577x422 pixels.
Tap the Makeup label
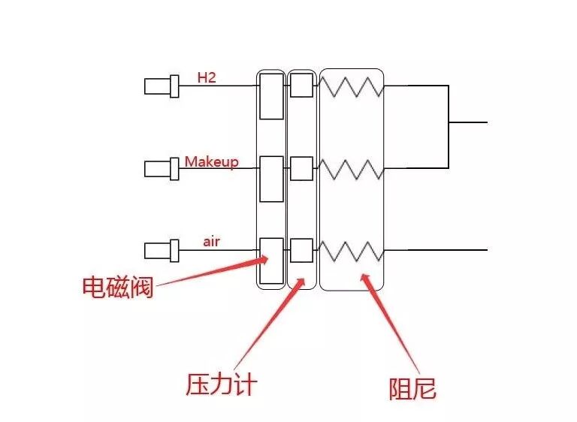[x=211, y=161]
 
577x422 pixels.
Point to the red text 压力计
[x=221, y=384]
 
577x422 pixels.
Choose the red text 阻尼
[x=412, y=388]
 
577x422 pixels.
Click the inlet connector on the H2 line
[x=161, y=86]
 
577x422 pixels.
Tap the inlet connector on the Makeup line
[x=161, y=169]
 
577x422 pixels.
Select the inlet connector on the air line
[x=161, y=250]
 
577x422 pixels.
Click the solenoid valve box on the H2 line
[x=271, y=95]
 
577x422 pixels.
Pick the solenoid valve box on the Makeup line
[x=271, y=179]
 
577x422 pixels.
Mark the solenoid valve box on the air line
[x=271, y=260]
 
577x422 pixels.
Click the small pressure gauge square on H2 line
[x=301, y=85]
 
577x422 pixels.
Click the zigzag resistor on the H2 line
[x=352, y=86]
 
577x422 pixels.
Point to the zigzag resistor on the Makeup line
[x=352, y=169]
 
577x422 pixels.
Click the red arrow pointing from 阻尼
[x=387, y=323]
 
